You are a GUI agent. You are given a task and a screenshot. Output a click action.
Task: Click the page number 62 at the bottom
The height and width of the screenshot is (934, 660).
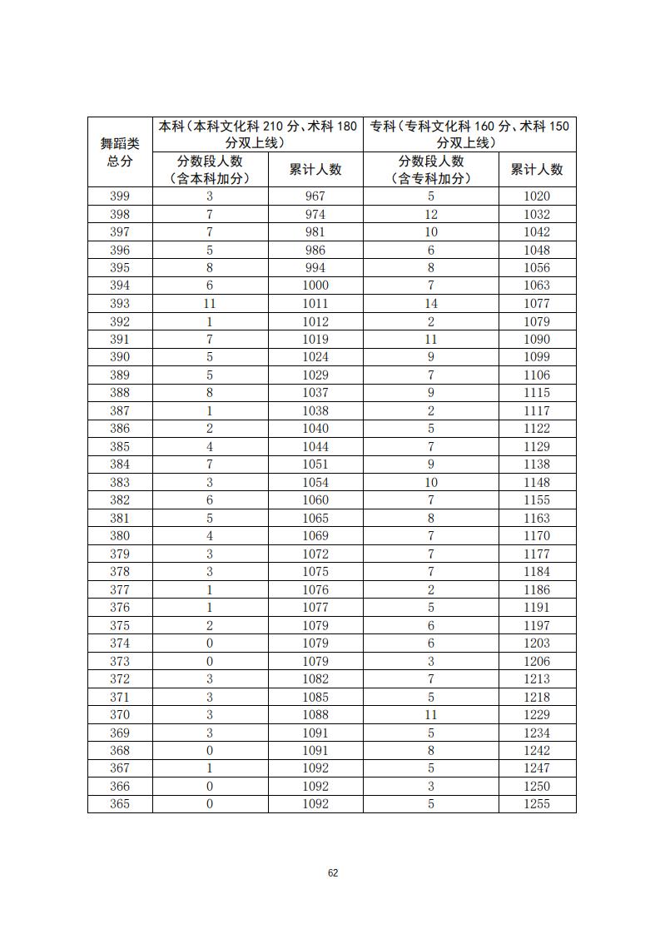tap(333, 872)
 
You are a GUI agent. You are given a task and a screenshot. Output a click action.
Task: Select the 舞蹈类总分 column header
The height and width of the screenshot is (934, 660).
tap(120, 152)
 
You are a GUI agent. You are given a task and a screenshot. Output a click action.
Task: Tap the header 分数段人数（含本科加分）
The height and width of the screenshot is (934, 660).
tap(210, 170)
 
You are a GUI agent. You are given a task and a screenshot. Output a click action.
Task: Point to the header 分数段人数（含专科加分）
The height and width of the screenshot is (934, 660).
tap(430, 170)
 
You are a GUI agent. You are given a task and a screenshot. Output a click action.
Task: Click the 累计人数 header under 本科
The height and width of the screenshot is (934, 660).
tap(315, 170)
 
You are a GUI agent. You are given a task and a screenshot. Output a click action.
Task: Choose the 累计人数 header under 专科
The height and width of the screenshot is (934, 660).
tap(537, 170)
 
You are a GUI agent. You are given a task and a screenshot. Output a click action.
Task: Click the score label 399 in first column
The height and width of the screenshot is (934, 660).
tap(120, 196)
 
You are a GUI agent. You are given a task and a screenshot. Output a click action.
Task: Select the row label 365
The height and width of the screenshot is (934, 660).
tap(120, 804)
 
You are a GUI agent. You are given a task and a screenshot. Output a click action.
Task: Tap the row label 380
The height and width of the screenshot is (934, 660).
tap(120, 536)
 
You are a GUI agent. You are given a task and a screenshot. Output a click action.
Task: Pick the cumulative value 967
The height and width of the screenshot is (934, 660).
tap(315, 196)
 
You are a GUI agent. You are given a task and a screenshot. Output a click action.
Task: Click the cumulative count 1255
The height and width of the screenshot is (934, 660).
tap(537, 804)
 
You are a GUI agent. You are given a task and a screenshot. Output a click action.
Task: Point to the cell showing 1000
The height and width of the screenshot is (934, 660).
tap(315, 286)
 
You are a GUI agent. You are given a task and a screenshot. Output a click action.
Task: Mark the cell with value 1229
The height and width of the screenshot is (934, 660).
tap(537, 715)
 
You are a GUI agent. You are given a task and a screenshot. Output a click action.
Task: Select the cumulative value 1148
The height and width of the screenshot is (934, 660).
tap(537, 482)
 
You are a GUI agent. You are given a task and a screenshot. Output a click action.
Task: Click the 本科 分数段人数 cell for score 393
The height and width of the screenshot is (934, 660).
tap(210, 304)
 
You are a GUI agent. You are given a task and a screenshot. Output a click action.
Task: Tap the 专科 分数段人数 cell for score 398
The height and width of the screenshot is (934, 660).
tap(430, 215)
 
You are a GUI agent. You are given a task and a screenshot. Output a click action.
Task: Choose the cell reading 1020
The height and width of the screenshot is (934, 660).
tap(537, 196)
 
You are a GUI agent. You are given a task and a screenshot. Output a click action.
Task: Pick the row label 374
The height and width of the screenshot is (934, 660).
tap(120, 643)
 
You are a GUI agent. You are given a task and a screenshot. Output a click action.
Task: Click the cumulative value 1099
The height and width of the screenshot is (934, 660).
tap(537, 357)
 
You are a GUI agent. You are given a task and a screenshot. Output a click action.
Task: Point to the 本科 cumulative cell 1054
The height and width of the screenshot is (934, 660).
tap(315, 482)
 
